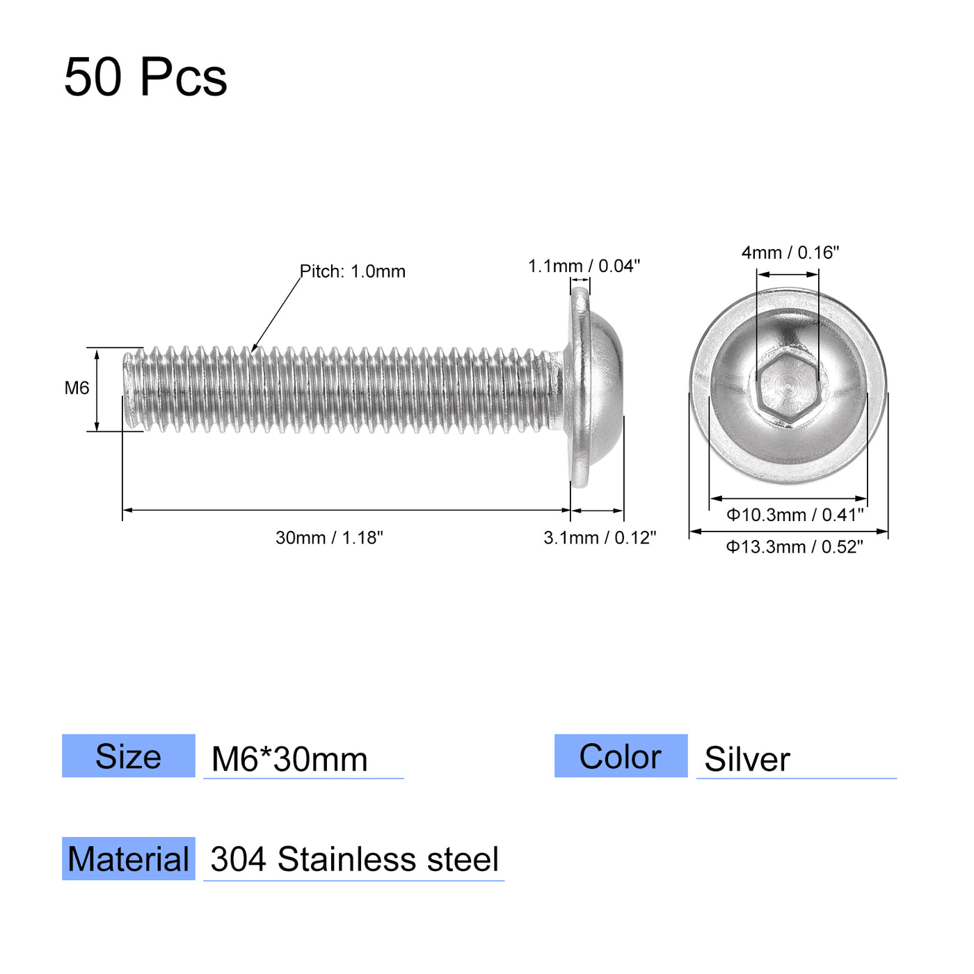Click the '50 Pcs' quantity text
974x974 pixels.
[145, 77]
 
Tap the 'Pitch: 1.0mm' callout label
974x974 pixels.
[353, 271]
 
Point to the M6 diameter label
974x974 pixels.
[77, 388]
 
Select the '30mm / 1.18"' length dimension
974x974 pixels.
[329, 538]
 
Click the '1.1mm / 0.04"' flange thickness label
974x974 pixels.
[584, 266]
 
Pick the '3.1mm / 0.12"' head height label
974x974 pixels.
[600, 538]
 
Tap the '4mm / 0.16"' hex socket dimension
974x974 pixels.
[790, 253]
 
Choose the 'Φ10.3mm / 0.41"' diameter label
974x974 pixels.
[795, 515]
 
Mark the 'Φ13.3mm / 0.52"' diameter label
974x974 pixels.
[795, 547]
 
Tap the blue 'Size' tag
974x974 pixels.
[129, 756]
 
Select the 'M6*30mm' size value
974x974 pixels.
[289, 759]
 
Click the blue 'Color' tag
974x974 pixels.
[621, 756]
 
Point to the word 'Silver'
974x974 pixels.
[747, 759]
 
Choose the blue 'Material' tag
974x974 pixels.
[129, 859]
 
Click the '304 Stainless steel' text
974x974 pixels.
[354, 860]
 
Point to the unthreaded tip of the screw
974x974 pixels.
[129, 390]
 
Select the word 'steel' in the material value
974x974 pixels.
[463, 860]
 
